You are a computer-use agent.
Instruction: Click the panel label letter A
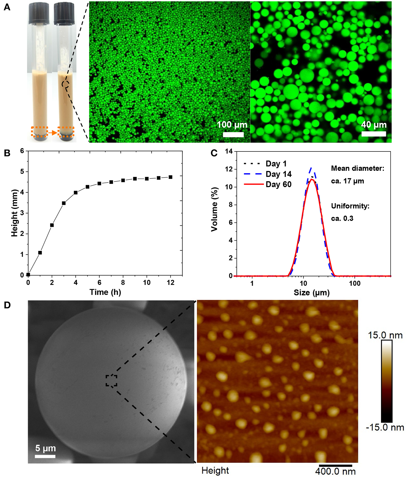tap(7, 7)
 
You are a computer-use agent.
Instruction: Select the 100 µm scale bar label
tap(232, 125)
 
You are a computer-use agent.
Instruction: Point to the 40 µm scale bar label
tap(374, 125)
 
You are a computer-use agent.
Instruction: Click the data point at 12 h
tap(171, 177)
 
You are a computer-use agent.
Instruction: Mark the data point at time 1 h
tap(40, 253)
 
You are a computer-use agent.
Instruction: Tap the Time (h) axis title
tap(105, 292)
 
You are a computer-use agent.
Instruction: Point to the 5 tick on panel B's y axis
tap(22, 172)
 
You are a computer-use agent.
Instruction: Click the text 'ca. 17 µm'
tap(347, 181)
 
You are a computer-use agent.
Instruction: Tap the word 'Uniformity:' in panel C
tap(350, 206)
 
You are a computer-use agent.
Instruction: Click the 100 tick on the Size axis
tap(354, 283)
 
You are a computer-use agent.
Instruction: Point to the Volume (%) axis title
tap(214, 209)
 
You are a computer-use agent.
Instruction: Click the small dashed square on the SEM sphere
tap(111, 381)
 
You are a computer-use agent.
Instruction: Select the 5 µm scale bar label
tap(45, 448)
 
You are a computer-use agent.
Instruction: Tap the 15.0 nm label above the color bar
tap(385, 335)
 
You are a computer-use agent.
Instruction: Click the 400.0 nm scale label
tap(335, 471)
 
